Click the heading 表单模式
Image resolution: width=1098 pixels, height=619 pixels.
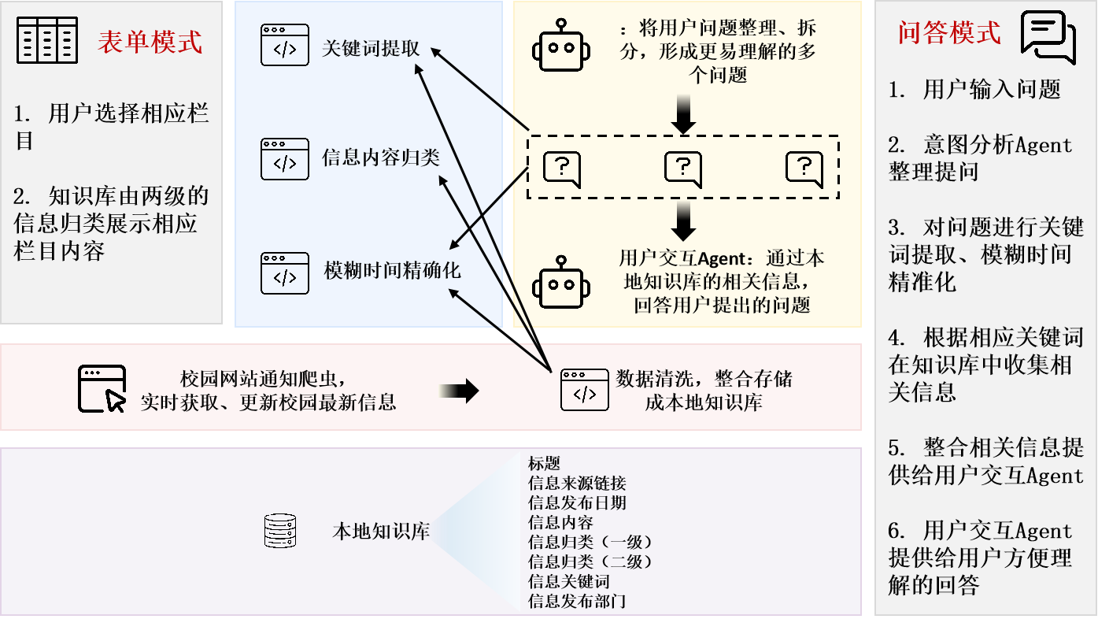tap(150, 41)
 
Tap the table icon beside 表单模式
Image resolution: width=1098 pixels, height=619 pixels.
tap(48, 40)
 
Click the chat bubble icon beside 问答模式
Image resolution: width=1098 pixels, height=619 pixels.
tap(1048, 35)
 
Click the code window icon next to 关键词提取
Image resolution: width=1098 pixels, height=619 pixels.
tap(284, 45)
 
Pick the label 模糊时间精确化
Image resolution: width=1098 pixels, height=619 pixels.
tap(393, 271)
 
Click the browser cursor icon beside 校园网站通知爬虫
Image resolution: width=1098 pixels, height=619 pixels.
tap(102, 388)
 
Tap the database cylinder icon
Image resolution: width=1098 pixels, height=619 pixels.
tap(279, 531)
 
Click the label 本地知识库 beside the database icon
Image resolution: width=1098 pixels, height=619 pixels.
tap(381, 531)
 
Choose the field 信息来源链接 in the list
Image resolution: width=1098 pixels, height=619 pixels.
tap(577, 483)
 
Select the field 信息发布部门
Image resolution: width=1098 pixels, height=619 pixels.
tap(577, 602)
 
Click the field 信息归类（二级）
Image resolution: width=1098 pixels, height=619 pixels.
tap(590, 562)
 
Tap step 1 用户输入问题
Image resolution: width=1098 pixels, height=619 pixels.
tap(974, 90)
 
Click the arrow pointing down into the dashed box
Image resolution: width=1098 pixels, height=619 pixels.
tap(684, 115)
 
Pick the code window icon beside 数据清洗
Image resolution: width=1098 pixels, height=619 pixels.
tap(584, 390)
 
